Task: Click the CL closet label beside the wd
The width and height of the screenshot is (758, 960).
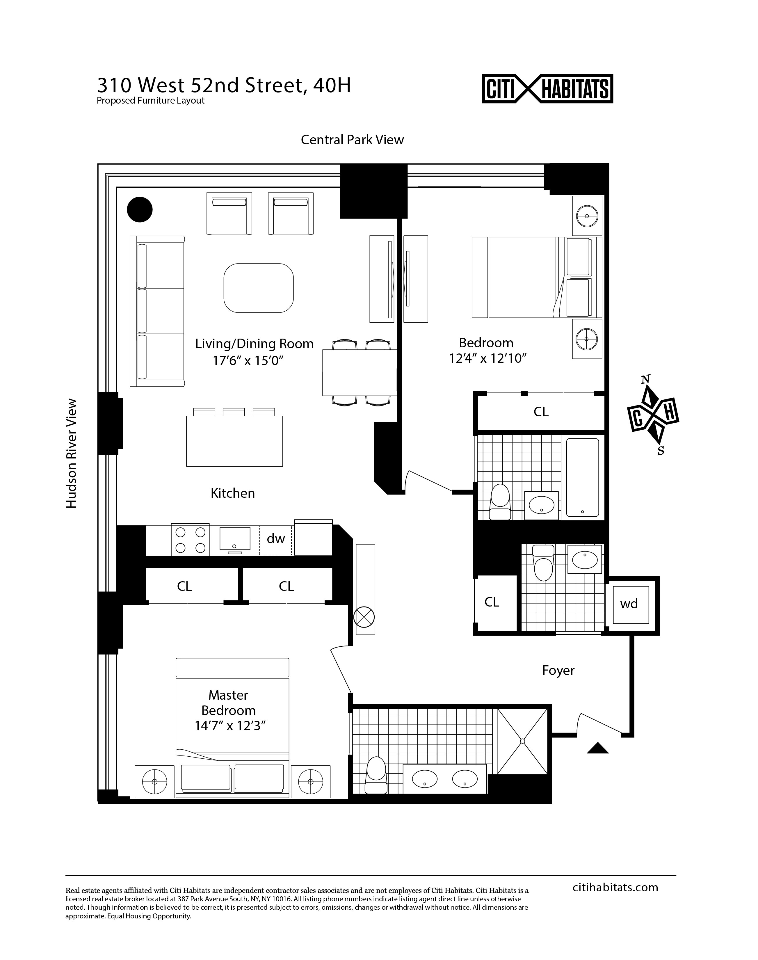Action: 492,602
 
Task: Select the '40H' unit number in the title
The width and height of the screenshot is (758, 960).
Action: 332,86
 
